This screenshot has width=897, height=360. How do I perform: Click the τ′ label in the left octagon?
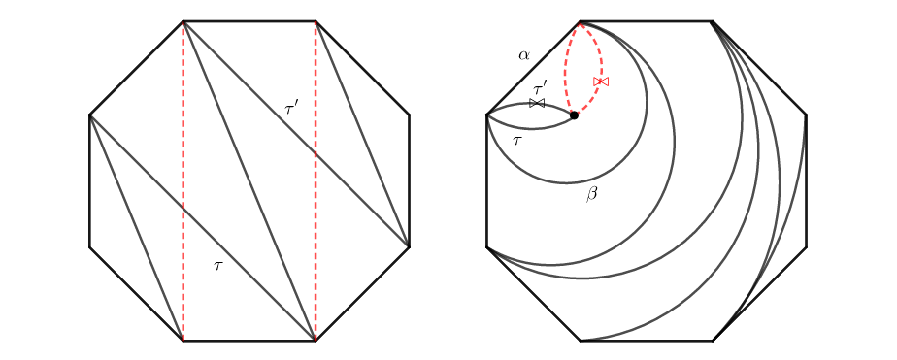[292, 108]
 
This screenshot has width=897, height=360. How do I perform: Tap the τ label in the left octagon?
[217, 265]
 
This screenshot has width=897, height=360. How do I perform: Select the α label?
[524, 55]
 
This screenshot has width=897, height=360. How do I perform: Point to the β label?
[591, 194]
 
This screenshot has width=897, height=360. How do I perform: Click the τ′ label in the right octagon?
[540, 89]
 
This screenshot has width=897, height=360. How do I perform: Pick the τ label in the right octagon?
[517, 140]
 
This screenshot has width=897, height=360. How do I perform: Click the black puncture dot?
[575, 115]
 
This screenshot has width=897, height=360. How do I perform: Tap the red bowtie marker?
[601, 82]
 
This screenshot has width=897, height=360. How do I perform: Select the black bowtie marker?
[537, 103]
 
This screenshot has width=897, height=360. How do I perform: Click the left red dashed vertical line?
[183, 181]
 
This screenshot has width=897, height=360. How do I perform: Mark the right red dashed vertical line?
[316, 181]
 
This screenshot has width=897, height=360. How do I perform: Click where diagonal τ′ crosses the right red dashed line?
[316, 153]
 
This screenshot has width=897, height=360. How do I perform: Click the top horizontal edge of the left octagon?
[249, 21]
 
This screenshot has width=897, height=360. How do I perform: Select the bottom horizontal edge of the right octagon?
[647, 341]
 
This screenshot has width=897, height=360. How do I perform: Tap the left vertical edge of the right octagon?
[486, 181]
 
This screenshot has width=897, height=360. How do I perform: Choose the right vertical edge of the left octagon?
[409, 181]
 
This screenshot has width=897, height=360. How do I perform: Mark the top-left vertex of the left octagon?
[183, 21]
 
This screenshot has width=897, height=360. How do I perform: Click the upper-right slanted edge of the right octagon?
[760, 68]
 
